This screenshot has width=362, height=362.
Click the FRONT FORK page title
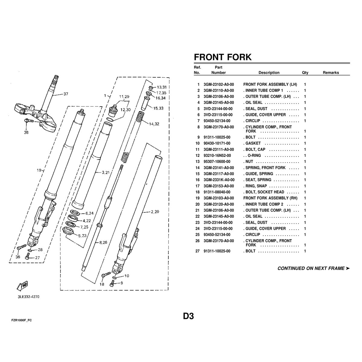223,57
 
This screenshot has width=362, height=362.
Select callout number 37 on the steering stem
66,94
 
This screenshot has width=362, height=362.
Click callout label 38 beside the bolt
26,132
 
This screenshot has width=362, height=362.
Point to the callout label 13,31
162,87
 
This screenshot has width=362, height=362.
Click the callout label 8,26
103,243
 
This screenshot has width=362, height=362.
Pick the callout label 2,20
155,212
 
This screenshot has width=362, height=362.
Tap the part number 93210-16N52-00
217,156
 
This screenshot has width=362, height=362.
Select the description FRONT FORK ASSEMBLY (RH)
270,198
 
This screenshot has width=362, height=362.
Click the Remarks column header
331,72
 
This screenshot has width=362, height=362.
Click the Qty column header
305,72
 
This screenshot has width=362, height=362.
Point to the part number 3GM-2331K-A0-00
219,180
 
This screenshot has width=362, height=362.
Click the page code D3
189,316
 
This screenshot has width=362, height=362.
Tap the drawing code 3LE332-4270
29,297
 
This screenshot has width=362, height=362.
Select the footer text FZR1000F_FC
22,320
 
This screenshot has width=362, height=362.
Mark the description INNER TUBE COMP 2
264,204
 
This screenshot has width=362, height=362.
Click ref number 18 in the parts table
197,192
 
